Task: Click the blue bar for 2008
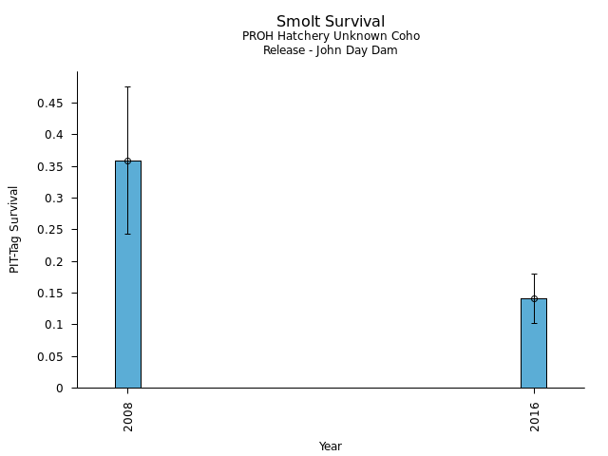tap(127, 275)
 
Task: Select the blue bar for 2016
tap(533, 344)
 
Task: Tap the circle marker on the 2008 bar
tap(127, 161)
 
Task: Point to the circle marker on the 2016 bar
tap(534, 298)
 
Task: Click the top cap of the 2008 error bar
tap(127, 86)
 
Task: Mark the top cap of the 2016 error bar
tap(534, 274)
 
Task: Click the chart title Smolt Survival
tap(331, 21)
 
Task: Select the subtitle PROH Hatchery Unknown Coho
tap(331, 36)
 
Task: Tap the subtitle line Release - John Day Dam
tap(331, 50)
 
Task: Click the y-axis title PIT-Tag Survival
tap(14, 229)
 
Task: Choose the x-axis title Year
tap(331, 446)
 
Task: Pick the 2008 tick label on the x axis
tap(127, 415)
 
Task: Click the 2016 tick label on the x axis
tap(534, 415)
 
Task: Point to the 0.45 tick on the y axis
tap(50, 103)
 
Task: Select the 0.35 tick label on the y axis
tap(50, 166)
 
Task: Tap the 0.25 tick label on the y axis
tap(50, 230)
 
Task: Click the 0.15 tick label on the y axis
tap(50, 293)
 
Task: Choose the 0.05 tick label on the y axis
tap(50, 356)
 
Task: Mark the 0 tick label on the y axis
tap(60, 388)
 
